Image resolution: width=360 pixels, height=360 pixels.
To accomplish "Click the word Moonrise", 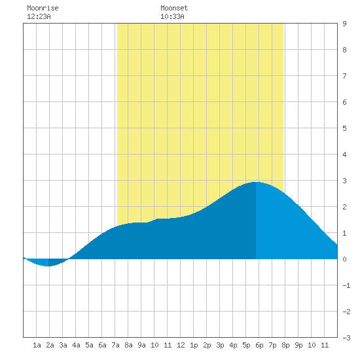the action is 43,8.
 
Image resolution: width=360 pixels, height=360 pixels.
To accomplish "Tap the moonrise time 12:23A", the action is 39,16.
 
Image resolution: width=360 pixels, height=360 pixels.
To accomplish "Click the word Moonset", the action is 174,8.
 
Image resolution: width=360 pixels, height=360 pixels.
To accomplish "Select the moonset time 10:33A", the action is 172,16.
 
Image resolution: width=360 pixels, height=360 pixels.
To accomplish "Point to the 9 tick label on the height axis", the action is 344,24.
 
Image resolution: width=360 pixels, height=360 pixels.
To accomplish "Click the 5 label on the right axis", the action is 344,128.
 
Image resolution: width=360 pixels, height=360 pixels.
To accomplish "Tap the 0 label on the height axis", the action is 344,259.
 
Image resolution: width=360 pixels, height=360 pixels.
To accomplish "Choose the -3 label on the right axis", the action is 346,338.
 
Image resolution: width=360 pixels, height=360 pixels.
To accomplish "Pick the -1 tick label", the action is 346,285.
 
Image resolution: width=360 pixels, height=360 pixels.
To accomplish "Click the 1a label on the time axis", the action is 37,345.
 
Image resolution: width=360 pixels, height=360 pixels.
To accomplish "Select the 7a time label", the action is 115,345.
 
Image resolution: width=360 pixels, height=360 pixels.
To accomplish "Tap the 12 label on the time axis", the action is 181,345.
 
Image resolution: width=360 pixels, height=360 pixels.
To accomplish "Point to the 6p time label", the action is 259,345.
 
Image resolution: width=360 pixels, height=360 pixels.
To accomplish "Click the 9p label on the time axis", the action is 298,345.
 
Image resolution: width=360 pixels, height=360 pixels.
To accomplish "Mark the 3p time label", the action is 220,345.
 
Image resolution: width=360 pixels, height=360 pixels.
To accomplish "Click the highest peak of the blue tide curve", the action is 256,182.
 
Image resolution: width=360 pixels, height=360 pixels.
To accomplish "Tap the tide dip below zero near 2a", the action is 48,266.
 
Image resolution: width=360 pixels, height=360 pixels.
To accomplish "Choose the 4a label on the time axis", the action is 76,345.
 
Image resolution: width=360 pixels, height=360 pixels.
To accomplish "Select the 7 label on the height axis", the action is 344,76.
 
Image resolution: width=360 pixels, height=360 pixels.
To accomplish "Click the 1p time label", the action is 194,345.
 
